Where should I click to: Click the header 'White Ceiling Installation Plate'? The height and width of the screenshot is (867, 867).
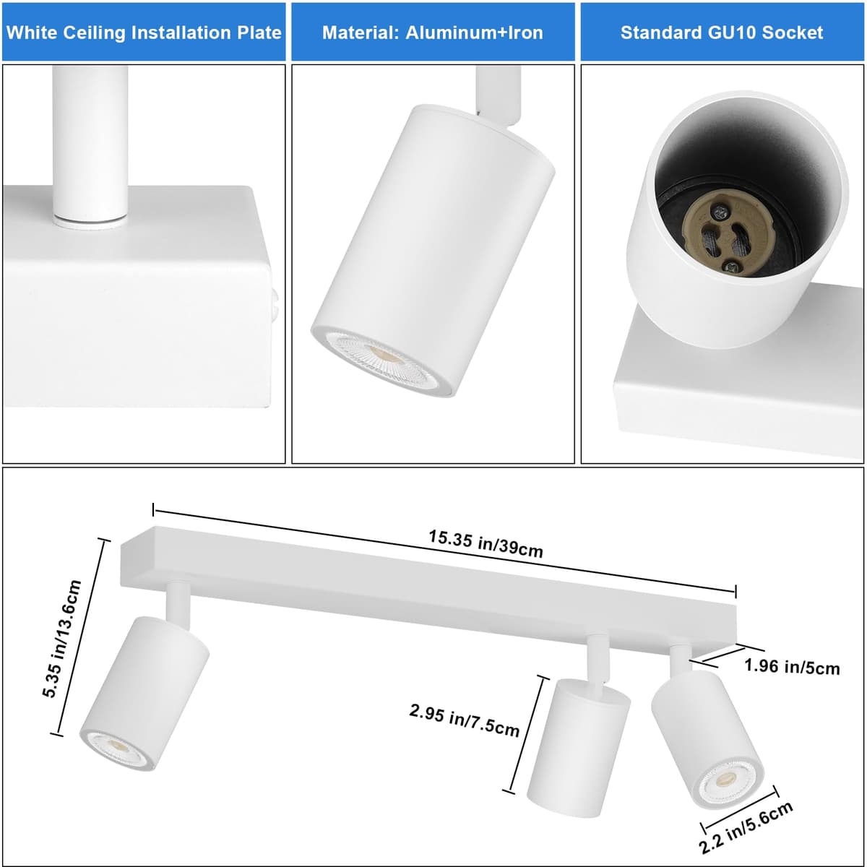click(144, 33)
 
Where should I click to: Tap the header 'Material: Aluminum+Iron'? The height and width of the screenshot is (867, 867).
click(432, 33)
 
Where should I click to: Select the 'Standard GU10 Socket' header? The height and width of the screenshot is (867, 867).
click(721, 33)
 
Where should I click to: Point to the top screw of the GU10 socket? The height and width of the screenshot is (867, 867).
click(721, 210)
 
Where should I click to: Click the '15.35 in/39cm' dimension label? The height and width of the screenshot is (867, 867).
click(486, 544)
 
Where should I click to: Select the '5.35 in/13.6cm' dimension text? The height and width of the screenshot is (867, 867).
click(61, 639)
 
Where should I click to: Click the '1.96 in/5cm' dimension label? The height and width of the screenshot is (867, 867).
click(792, 666)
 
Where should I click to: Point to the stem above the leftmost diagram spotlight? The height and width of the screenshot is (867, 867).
click(178, 603)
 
